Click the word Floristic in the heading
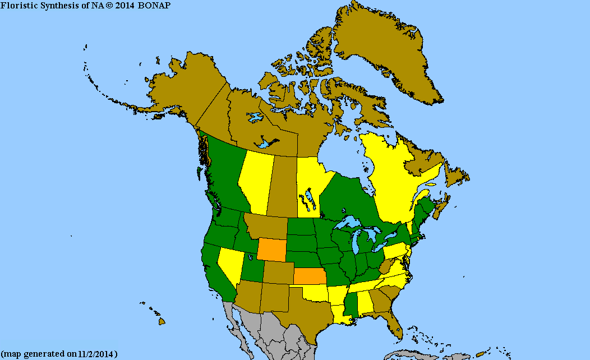click(x=17, y=5)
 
